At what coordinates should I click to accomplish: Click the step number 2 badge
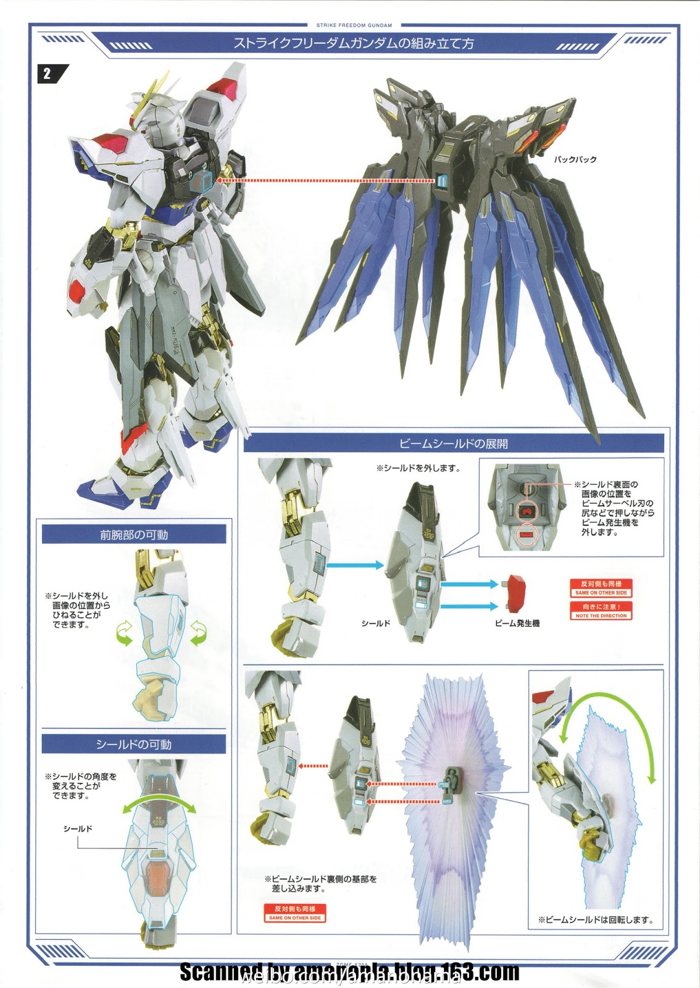tap(48, 75)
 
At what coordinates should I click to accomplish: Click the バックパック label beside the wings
tap(575, 159)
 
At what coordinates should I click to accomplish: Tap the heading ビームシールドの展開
tap(453, 443)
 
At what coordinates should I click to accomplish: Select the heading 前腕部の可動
tap(134, 535)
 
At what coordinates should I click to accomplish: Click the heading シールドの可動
tap(134, 745)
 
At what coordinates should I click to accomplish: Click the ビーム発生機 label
tap(517, 624)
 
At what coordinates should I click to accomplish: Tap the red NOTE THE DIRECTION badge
tap(601, 611)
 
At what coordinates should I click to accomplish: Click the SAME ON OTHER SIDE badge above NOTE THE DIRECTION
tap(601, 588)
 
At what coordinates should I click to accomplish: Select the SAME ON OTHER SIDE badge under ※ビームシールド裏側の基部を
tap(295, 913)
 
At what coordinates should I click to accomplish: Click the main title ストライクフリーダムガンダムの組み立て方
tap(354, 44)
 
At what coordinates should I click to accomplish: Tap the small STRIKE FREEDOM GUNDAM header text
tap(354, 25)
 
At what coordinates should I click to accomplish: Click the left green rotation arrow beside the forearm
tap(125, 634)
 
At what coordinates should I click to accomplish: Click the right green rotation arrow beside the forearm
tap(199, 634)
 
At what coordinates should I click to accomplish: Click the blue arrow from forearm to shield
tap(354, 565)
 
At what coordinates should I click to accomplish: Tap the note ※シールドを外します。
tap(419, 468)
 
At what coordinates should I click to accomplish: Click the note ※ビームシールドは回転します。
tap(595, 919)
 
